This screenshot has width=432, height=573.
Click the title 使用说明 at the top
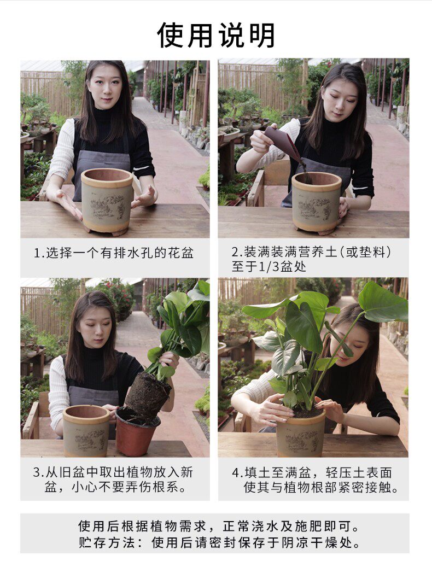click(216, 35)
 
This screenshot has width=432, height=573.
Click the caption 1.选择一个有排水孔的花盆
click(114, 253)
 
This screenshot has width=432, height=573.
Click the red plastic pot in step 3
click(137, 432)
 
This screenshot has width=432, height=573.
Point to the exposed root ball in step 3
click(148, 395)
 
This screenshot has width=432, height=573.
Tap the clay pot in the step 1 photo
click(107, 201)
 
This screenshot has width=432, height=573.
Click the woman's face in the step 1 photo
click(105, 87)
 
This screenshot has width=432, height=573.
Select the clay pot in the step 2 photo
click(317, 202)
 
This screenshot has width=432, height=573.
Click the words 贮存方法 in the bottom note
click(106, 542)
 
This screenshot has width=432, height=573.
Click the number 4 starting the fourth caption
click(235, 473)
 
